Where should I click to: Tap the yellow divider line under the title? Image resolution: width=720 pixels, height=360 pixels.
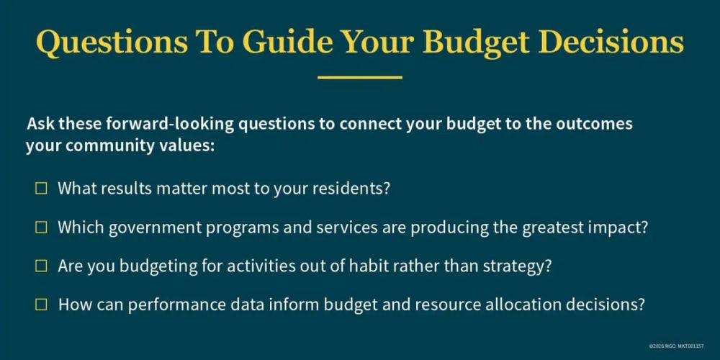point(360,78)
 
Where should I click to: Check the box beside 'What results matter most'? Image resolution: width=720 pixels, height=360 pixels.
point(41,188)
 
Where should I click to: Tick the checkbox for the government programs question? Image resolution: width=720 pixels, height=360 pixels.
point(41,228)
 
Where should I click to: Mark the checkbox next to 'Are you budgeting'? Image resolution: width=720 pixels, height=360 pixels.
point(41,266)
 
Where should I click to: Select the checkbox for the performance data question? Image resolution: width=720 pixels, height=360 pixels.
point(41,304)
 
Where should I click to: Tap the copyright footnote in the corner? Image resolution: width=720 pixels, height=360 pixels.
point(676,346)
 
